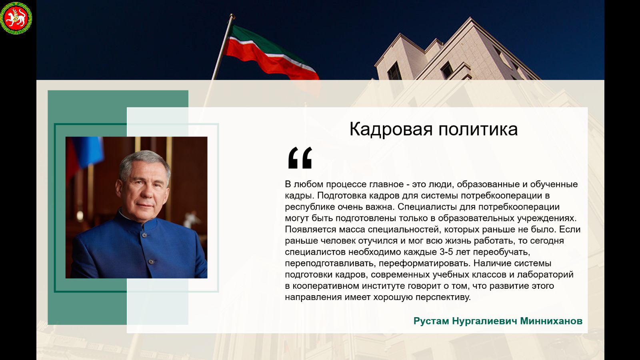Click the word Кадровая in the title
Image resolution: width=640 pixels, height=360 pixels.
click(x=391, y=130)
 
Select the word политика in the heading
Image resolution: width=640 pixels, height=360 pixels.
click(x=478, y=129)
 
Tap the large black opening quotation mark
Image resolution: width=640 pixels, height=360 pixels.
click(x=300, y=158)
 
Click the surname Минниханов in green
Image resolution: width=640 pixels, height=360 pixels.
click(x=551, y=321)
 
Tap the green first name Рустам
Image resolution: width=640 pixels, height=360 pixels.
click(x=431, y=321)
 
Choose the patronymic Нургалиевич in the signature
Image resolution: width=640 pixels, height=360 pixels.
click(x=484, y=321)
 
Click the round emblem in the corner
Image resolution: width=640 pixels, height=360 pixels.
click(x=16, y=18)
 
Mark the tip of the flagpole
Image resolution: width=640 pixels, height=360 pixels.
click(x=232, y=14)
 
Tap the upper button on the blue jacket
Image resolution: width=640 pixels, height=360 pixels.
click(x=144, y=235)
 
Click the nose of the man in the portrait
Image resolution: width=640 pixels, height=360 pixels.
click(x=146, y=192)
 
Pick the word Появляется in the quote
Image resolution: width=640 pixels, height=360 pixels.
click(x=310, y=230)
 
